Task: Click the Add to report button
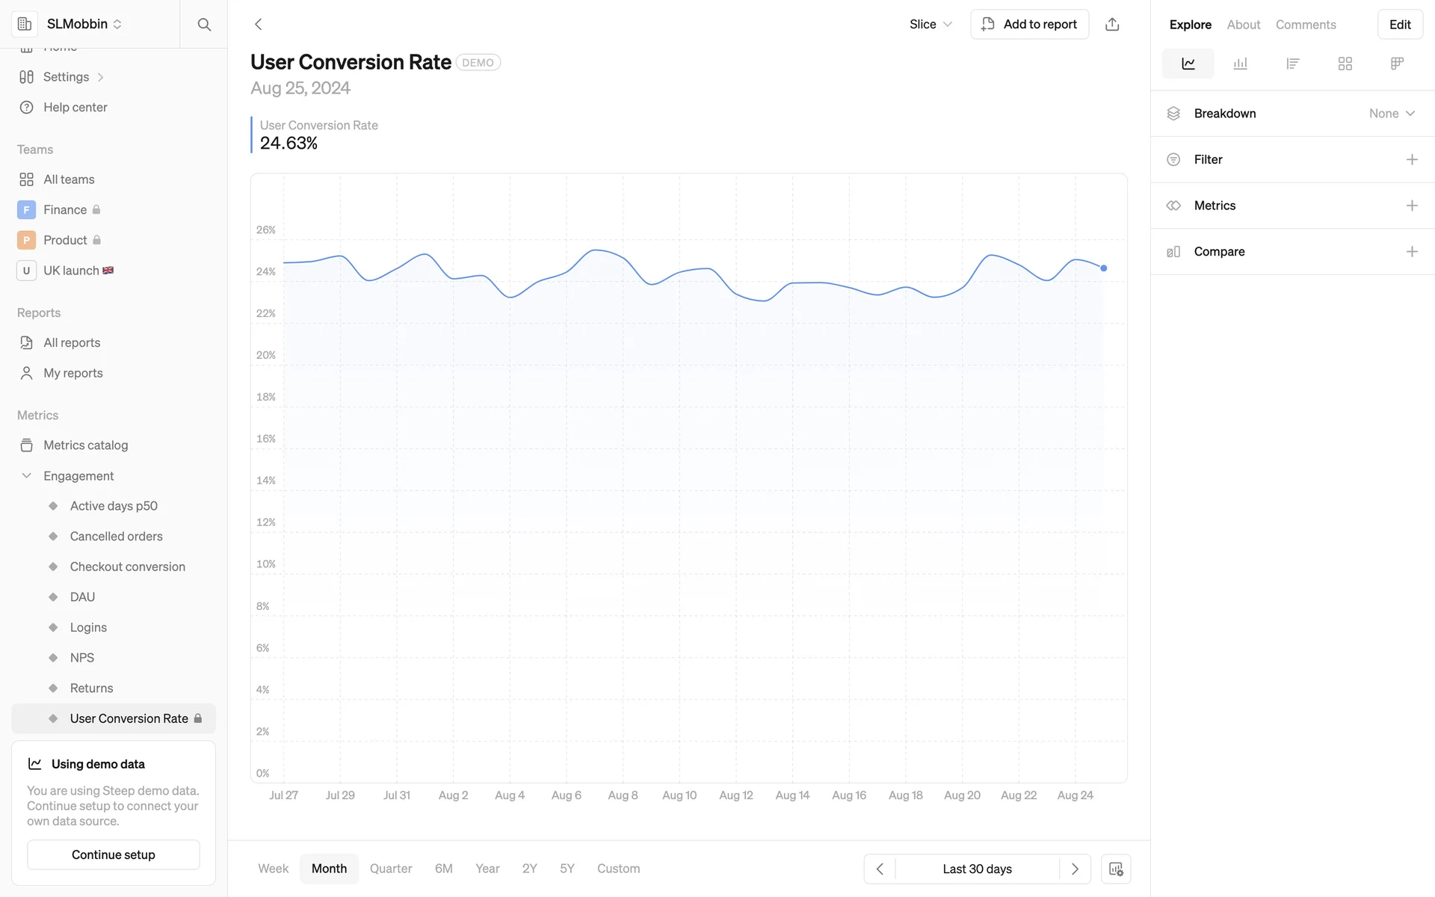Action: [1029, 24]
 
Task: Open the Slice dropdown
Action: [931, 24]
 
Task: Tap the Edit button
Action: [1399, 25]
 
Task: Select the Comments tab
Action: [1305, 25]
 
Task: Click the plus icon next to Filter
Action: [1411, 159]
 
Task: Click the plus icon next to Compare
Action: [1411, 252]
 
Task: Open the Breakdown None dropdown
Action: [1392, 114]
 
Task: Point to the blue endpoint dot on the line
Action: [1103, 268]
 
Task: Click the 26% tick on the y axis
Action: [266, 230]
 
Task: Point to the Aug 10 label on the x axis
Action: [679, 795]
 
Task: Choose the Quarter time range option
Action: [390, 869]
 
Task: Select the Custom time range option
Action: [618, 869]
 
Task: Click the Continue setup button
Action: [114, 854]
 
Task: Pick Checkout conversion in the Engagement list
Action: [127, 567]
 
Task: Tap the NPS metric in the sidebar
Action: [82, 658]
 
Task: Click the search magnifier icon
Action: [204, 25]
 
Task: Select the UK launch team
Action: [71, 271]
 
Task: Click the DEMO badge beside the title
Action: [478, 63]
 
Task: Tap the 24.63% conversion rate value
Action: [288, 143]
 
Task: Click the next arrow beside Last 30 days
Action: [1075, 869]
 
